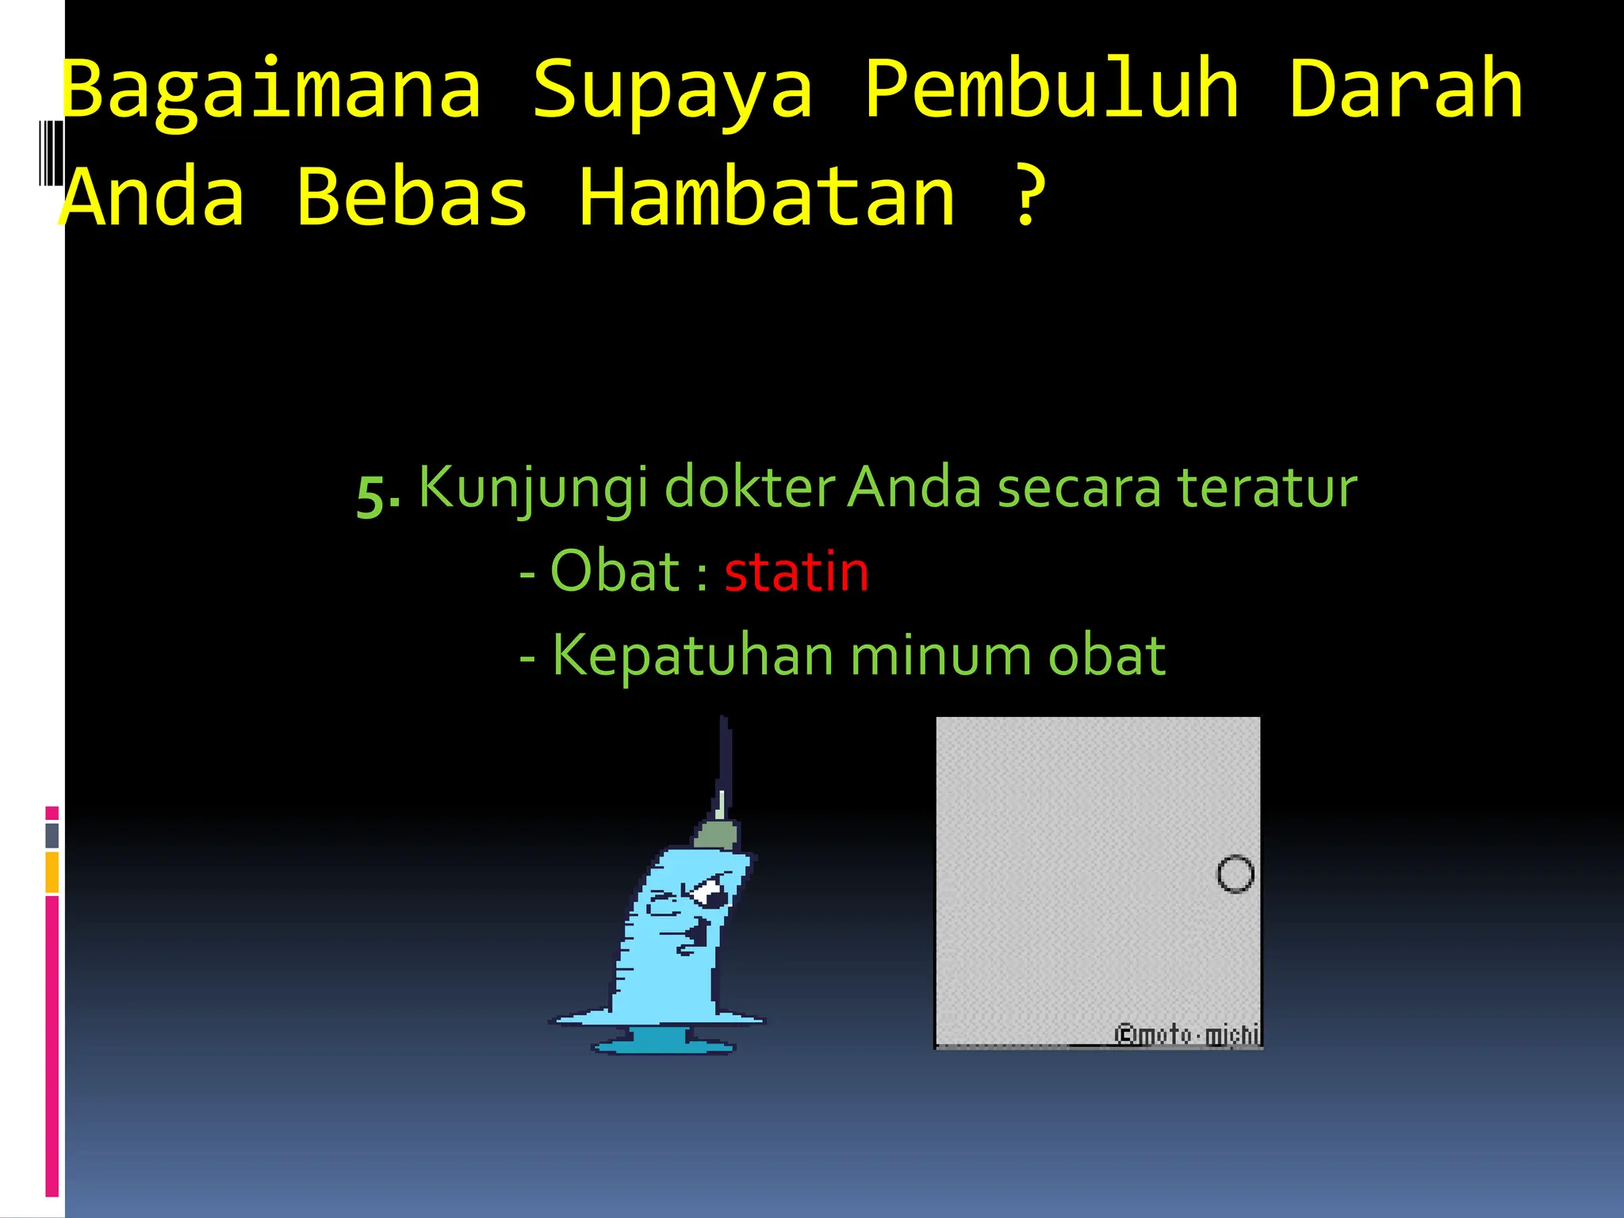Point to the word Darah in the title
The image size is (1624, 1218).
click(1405, 89)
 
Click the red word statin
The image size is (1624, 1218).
click(796, 572)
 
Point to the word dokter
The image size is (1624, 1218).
click(749, 487)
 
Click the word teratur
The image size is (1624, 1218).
click(1266, 487)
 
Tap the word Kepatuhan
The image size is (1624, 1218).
click(691, 656)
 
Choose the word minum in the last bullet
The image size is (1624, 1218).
click(940, 656)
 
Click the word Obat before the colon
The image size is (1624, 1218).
click(615, 571)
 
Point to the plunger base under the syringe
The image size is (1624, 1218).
click(663, 1042)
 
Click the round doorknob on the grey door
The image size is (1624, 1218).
click(1235, 874)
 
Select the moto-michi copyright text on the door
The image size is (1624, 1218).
click(1186, 1035)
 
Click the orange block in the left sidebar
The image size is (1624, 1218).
click(52, 871)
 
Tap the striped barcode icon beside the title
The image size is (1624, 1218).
click(51, 152)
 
